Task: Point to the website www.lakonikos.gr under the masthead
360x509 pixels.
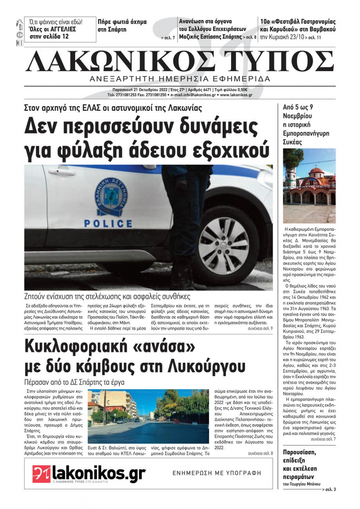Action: point(236,95)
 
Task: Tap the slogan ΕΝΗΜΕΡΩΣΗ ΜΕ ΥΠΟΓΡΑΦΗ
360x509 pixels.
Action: point(217,473)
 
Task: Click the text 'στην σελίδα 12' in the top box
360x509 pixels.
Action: point(49,36)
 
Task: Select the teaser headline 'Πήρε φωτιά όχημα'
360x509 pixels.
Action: point(122,22)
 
